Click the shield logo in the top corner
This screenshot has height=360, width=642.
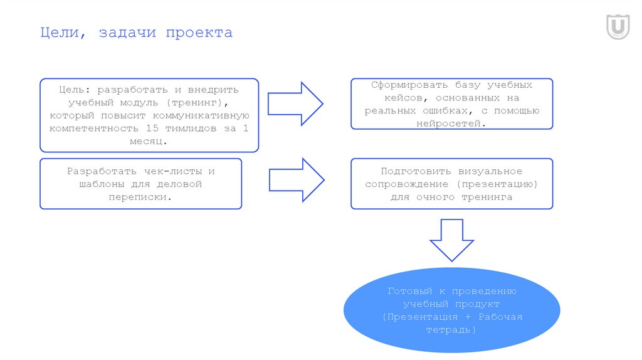click(618, 27)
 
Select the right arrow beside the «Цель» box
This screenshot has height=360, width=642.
click(295, 103)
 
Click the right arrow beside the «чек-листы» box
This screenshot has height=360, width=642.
click(297, 180)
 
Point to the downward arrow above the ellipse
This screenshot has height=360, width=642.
click(451, 240)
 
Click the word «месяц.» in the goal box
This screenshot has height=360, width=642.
click(149, 141)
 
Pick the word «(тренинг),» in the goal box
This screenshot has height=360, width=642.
click(199, 102)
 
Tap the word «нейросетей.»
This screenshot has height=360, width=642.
click(451, 124)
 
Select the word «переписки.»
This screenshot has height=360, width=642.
click(140, 197)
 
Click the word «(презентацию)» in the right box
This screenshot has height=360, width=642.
click(497, 184)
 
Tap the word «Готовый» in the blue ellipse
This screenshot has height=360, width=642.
click(409, 292)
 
